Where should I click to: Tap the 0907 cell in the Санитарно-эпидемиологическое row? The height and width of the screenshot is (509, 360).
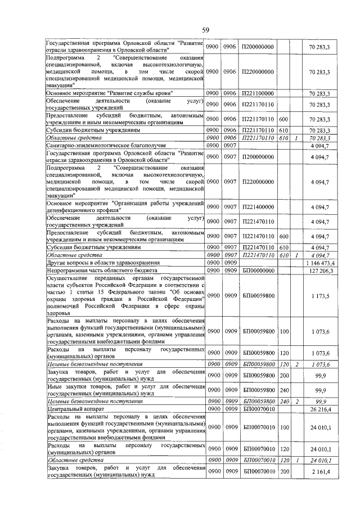229,145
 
